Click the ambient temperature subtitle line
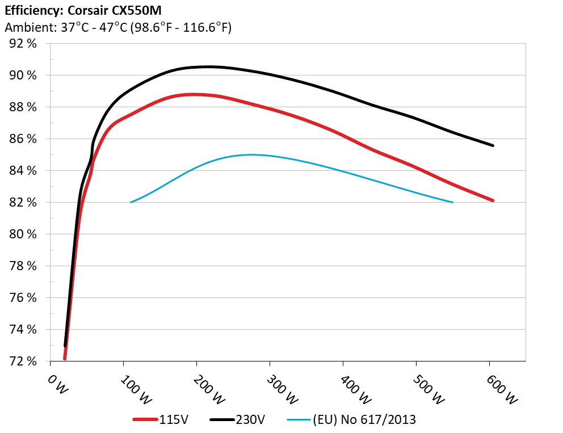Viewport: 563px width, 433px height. pos(118,27)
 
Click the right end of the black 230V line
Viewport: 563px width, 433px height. pos(493,145)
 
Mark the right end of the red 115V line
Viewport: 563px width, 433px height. pos(493,200)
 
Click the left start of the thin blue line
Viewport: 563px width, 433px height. pos(131,202)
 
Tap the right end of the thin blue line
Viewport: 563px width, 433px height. pos(452,202)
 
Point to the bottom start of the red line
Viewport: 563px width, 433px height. pos(65,359)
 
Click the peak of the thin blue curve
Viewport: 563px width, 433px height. pos(250,154)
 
